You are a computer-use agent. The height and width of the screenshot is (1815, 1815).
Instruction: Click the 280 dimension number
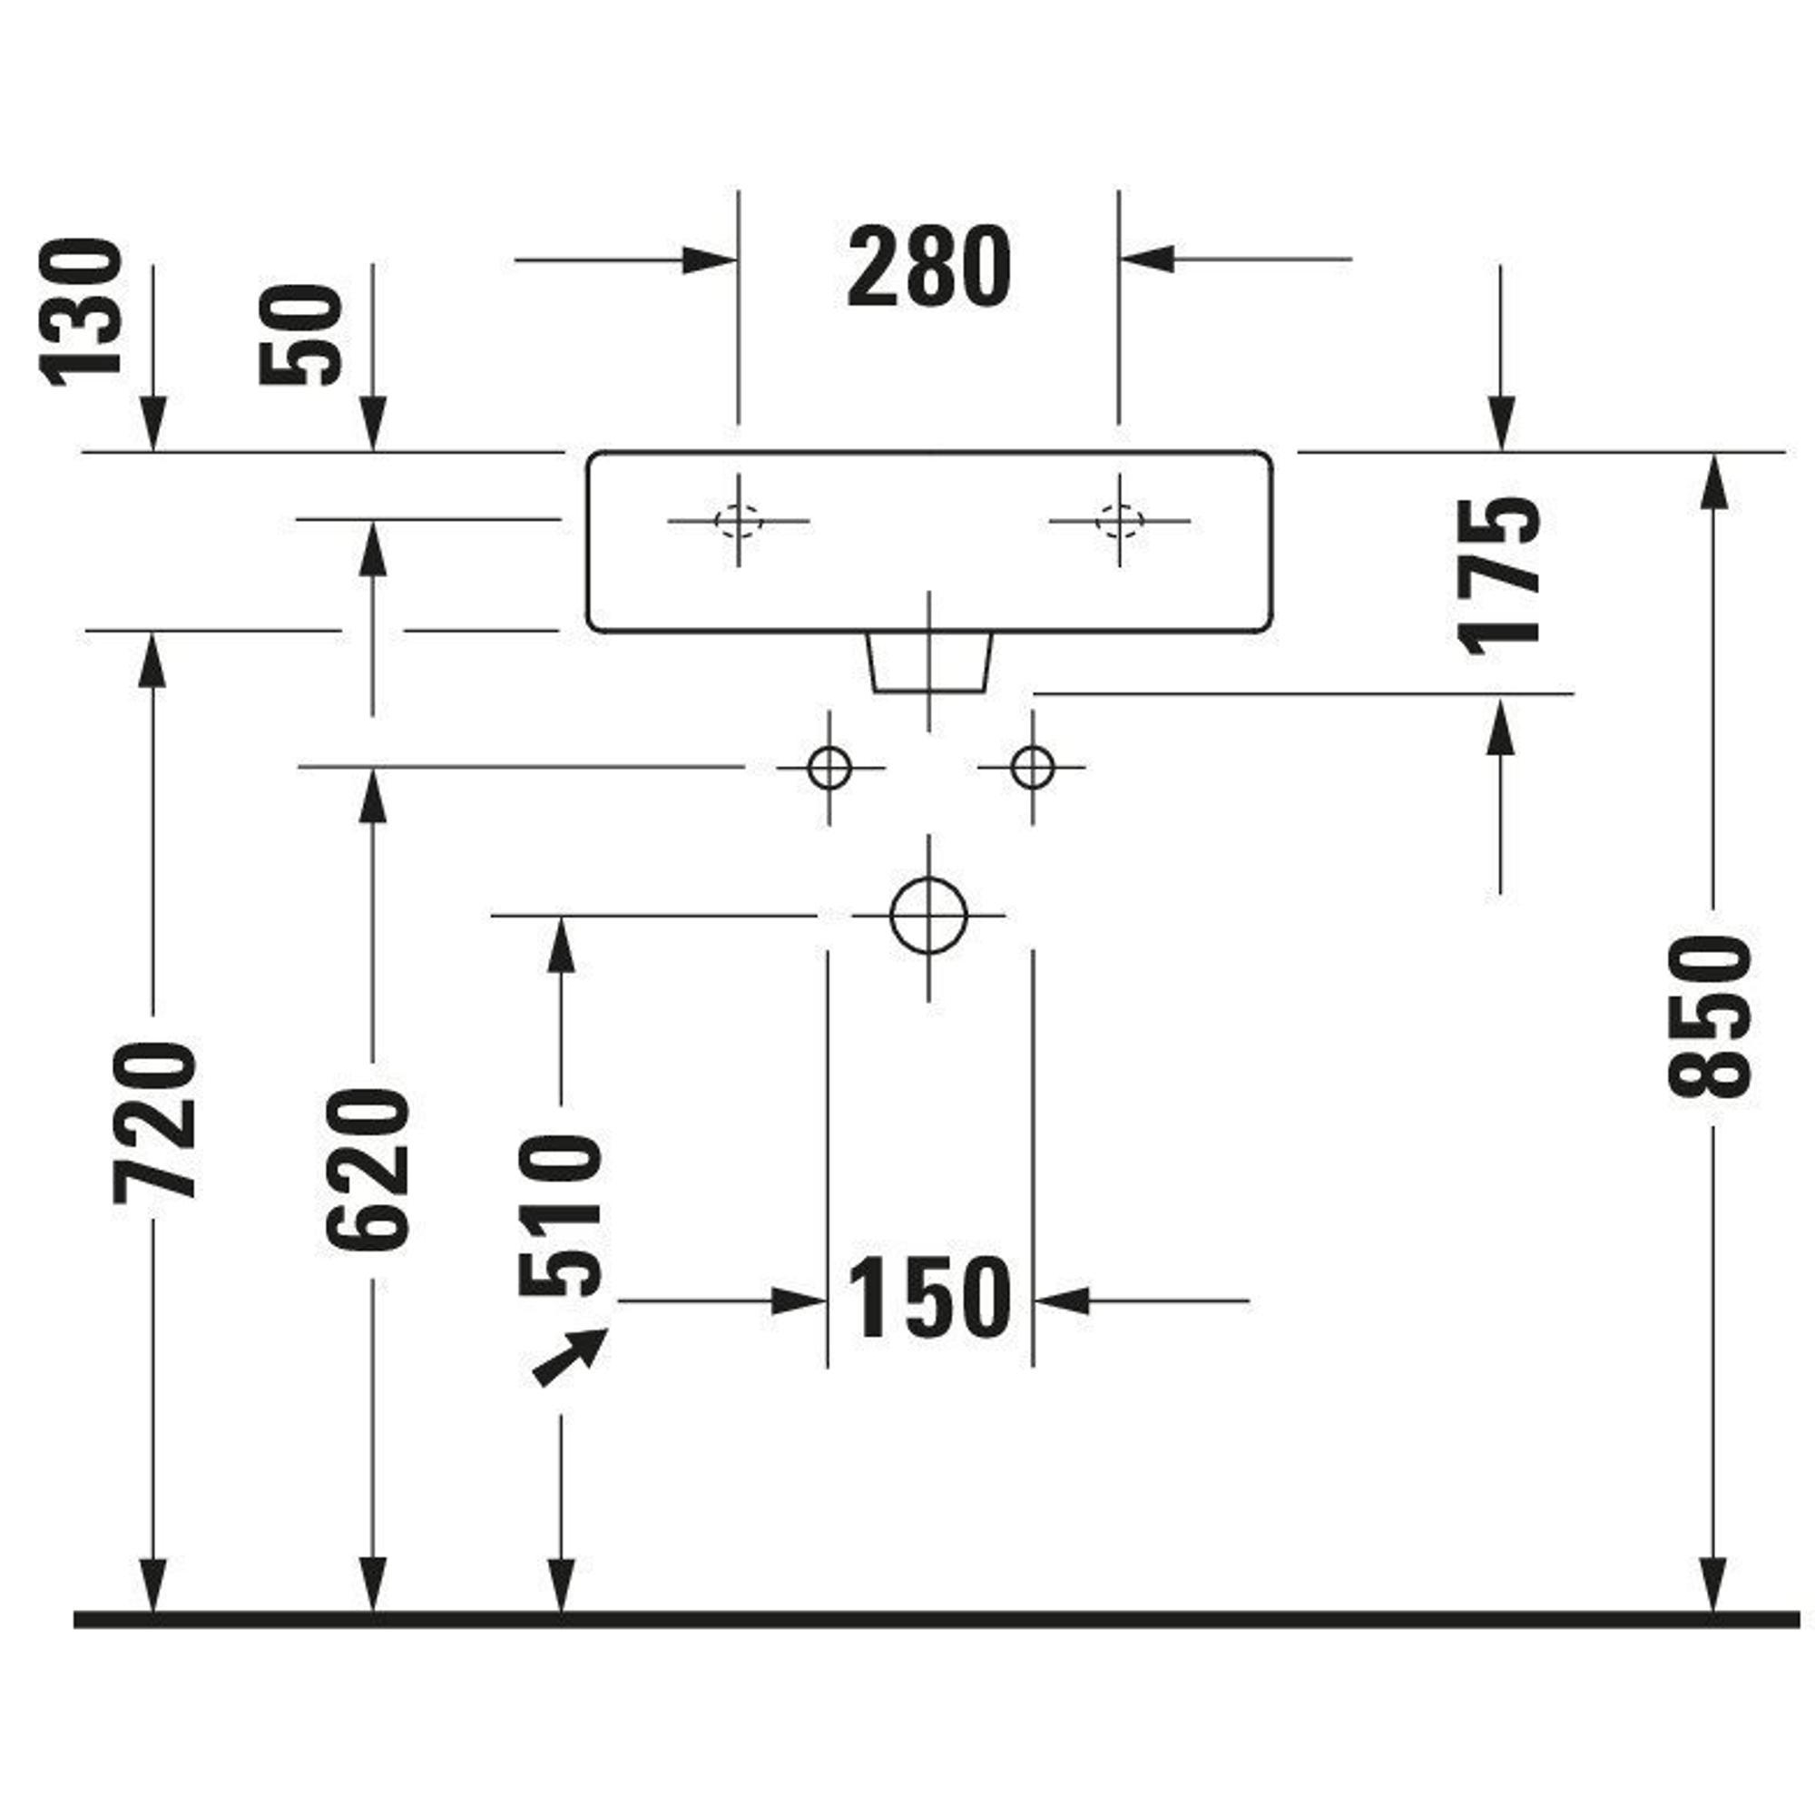pyautogui.click(x=928, y=269)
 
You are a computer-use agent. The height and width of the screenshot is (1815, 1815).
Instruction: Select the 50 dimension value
pyautogui.click(x=300, y=336)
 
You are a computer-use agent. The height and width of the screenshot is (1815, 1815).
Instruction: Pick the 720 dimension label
pyautogui.click(x=155, y=1122)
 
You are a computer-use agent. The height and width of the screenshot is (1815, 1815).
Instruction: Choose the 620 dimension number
pyautogui.click(x=369, y=1171)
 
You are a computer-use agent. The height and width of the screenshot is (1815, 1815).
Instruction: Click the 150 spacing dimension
pyautogui.click(x=928, y=1301)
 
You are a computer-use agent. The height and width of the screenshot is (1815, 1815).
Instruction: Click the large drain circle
pyautogui.click(x=928, y=915)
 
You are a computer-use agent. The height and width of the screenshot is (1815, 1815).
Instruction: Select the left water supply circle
pyautogui.click(x=829, y=768)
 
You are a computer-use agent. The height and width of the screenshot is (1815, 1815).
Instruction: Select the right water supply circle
pyautogui.click(x=1033, y=768)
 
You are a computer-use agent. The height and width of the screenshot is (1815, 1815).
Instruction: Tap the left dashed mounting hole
pyautogui.click(x=739, y=519)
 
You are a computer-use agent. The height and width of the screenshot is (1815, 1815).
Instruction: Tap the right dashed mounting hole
pyautogui.click(x=1119, y=519)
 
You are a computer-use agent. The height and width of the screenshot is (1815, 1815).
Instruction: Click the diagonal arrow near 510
pyautogui.click(x=570, y=1359)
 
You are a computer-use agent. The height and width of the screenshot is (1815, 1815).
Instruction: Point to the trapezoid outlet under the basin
pyautogui.click(x=928, y=662)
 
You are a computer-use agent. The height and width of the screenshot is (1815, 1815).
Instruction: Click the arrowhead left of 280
pyautogui.click(x=709, y=260)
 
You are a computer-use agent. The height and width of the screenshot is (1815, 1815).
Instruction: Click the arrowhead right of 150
pyautogui.click(x=1062, y=1301)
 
